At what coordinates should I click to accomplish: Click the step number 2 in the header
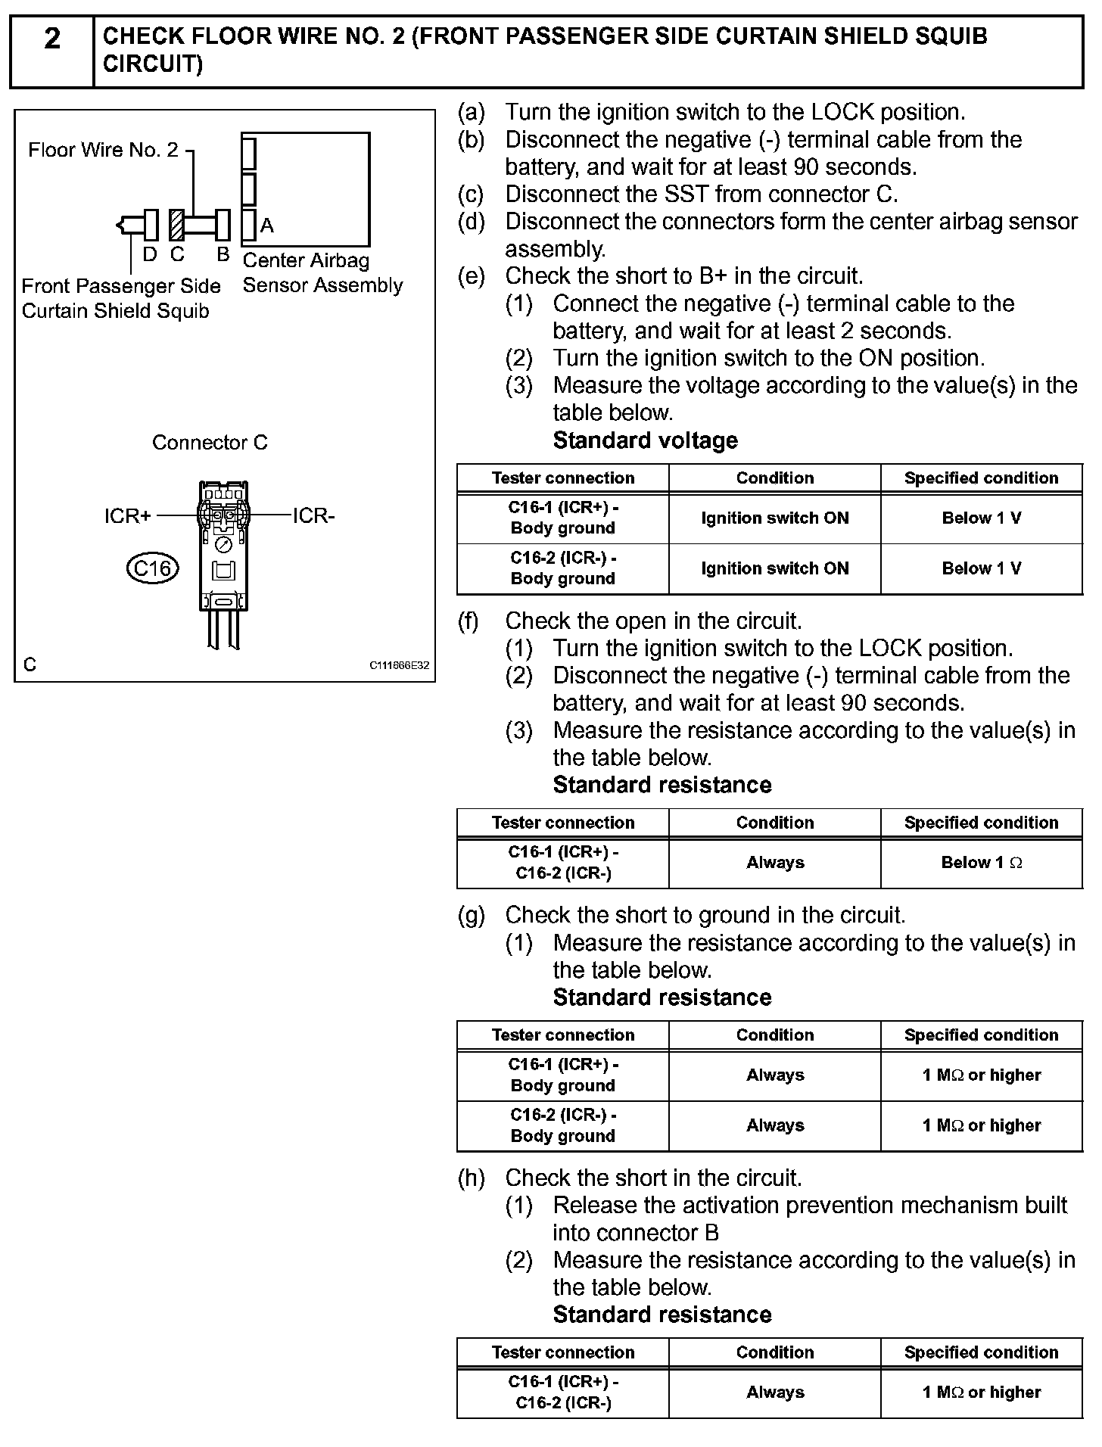coord(51,38)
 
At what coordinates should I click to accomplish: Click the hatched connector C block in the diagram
coord(176,225)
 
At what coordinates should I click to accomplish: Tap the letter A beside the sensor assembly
coord(266,226)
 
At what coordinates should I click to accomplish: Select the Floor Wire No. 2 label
coord(103,150)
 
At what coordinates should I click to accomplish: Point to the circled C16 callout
coord(152,568)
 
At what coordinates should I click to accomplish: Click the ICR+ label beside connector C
coord(128,516)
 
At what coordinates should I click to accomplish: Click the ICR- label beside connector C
coord(313,516)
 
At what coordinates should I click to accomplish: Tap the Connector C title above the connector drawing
coord(210,443)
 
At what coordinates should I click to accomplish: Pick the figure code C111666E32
coord(399,666)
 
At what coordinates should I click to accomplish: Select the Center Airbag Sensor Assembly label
coord(322,272)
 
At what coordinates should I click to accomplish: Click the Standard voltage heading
coord(645,440)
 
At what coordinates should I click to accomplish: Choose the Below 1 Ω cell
coord(981,863)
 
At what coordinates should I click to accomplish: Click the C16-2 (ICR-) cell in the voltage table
coord(563,568)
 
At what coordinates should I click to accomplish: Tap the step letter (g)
coord(471,915)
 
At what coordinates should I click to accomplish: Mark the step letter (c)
coord(471,194)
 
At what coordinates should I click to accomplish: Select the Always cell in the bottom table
coord(775,1393)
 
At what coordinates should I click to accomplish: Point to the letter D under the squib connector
coord(150,255)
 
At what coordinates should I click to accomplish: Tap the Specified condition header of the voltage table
coord(981,478)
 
